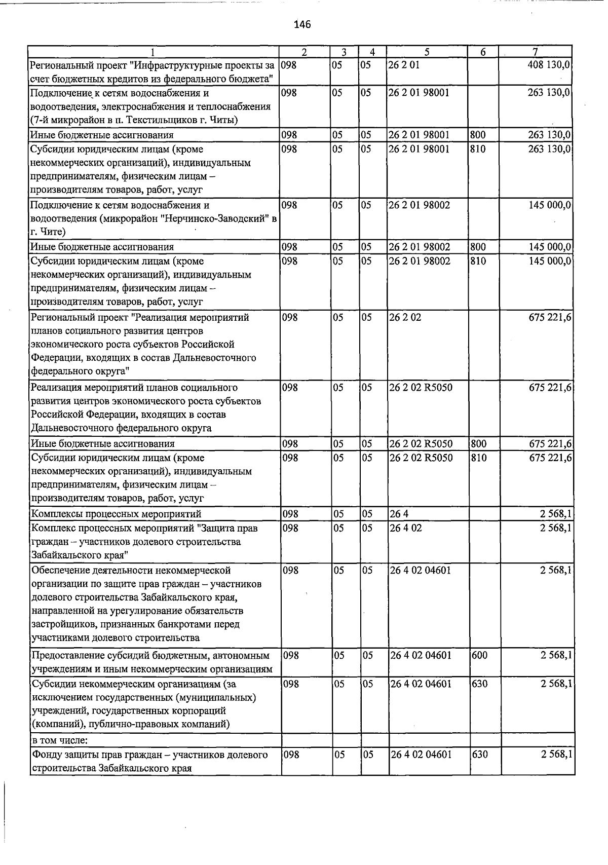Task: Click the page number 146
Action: coord(302,24)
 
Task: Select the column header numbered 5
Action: coord(427,52)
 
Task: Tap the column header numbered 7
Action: coord(535,52)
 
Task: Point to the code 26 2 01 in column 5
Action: coord(404,65)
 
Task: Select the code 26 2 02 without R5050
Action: coord(405,318)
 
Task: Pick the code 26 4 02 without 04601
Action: coord(405,528)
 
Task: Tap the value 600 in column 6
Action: coord(479,655)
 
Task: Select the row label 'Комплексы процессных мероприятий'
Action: coord(116,514)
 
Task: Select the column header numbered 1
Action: coord(153,52)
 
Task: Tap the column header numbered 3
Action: coord(344,52)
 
